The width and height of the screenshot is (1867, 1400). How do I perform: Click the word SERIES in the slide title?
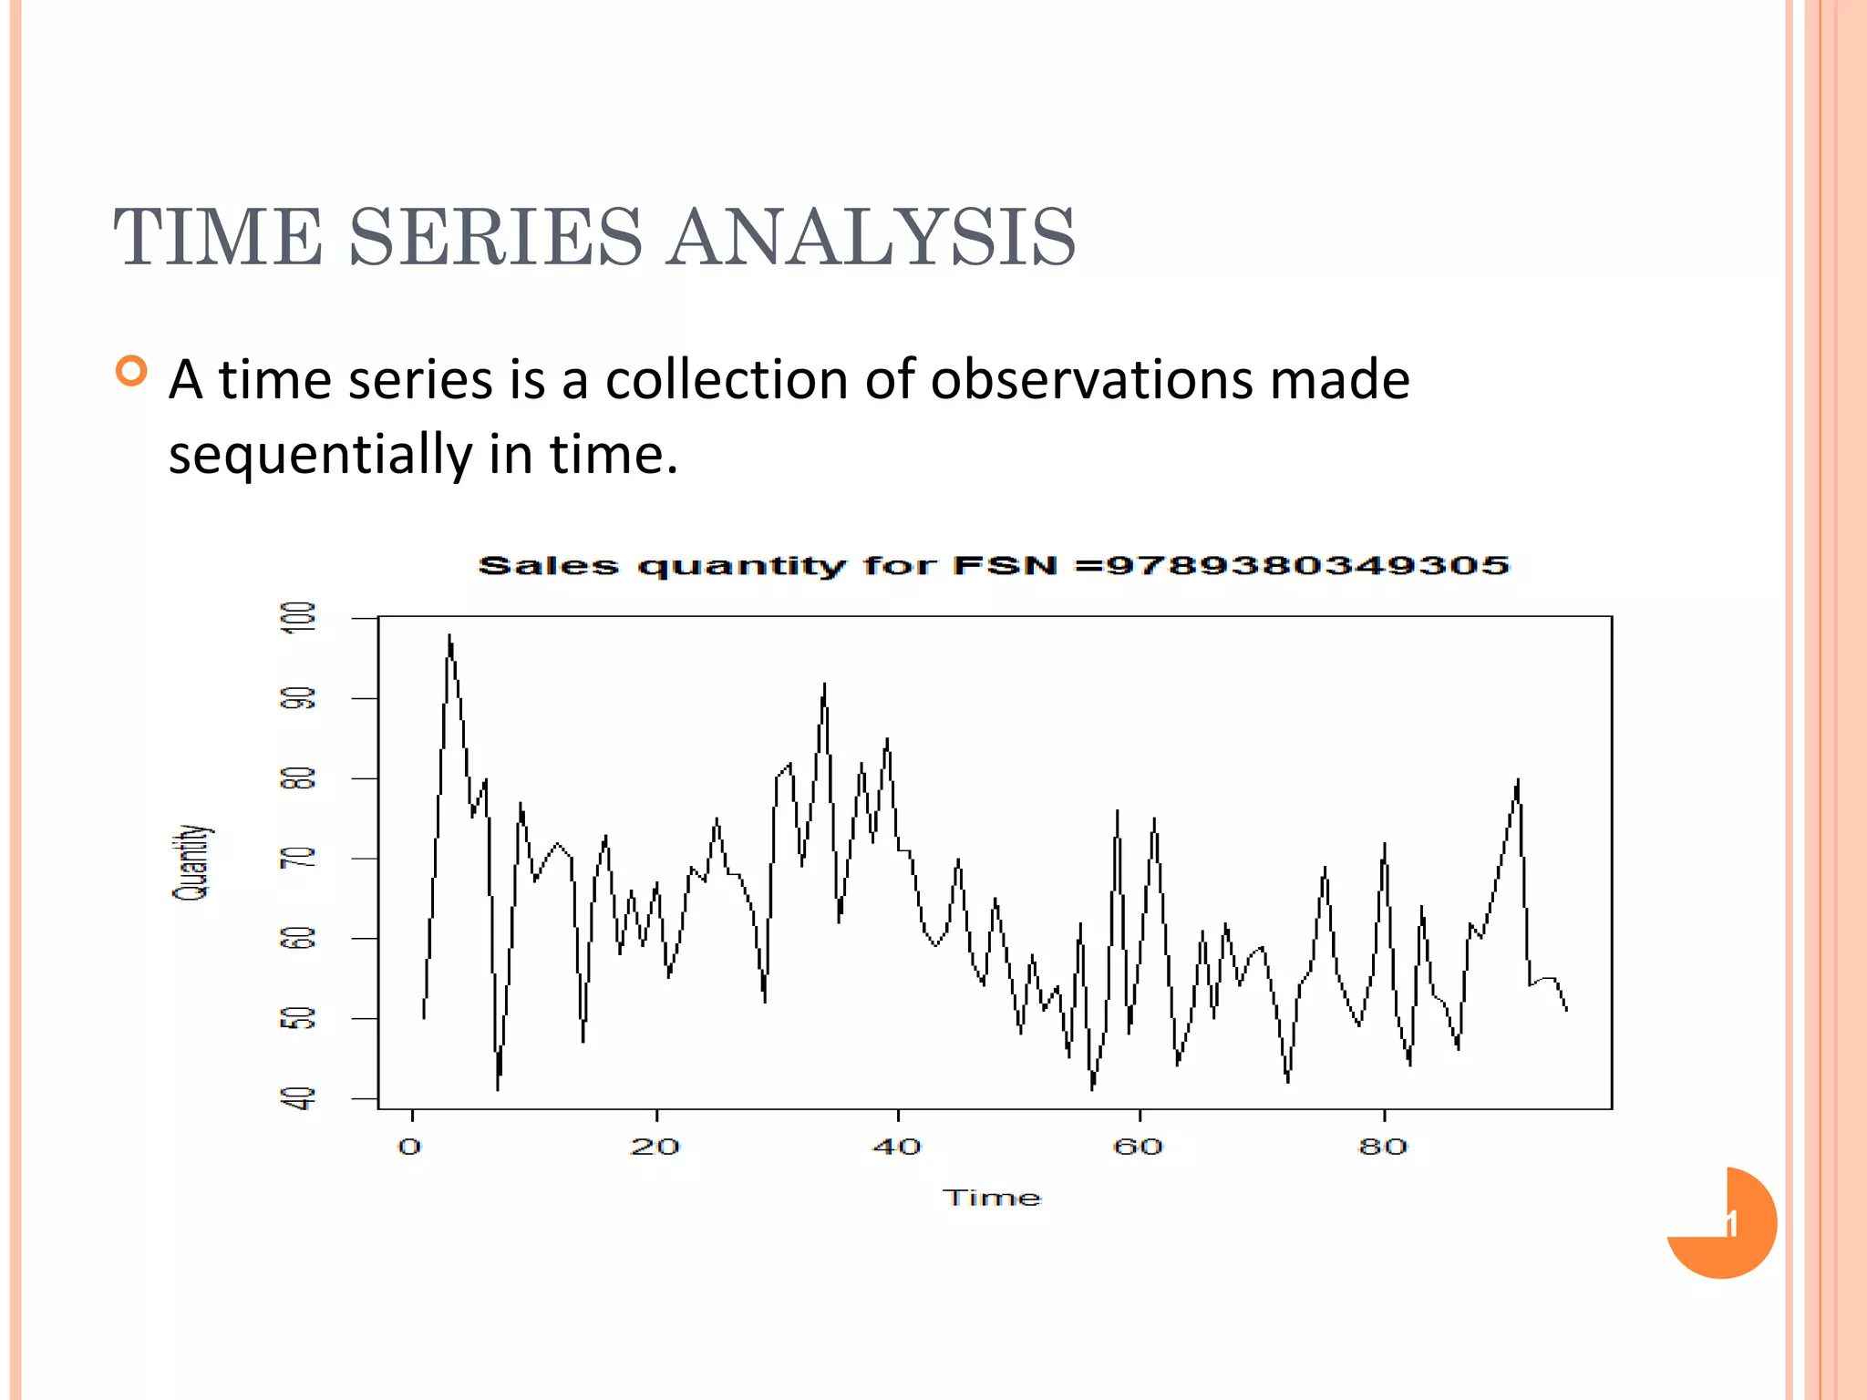click(495, 237)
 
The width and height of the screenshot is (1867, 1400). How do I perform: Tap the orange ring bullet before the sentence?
click(132, 372)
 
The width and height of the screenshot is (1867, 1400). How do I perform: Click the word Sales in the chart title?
click(548, 565)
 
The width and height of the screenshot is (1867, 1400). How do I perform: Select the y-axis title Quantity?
click(191, 862)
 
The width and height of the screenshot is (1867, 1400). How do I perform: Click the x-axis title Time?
click(991, 1198)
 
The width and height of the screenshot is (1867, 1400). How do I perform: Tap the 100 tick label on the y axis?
click(298, 617)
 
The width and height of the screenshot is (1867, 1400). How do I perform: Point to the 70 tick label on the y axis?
click(298, 859)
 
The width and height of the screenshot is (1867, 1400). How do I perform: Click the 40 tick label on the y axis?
click(298, 1098)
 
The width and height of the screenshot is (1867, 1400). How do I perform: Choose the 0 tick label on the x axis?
click(410, 1147)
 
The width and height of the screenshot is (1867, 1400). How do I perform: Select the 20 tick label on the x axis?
click(655, 1147)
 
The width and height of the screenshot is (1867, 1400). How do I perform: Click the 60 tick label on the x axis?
click(1138, 1147)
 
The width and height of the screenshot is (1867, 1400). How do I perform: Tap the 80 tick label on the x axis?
click(1383, 1147)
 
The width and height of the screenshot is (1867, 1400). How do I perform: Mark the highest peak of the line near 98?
click(449, 636)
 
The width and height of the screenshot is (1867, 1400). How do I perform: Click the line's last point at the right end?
click(1566, 1010)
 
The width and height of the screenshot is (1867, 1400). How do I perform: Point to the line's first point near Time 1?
click(425, 1017)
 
